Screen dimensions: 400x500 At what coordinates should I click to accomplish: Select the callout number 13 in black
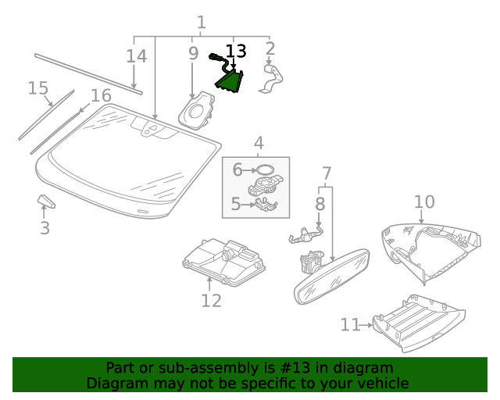(235, 52)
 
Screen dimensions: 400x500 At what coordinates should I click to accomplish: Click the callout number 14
(137, 56)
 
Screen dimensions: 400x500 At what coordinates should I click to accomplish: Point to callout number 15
(38, 87)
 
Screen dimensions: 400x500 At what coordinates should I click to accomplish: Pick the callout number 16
(101, 95)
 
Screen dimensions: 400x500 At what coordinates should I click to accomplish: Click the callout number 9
(193, 54)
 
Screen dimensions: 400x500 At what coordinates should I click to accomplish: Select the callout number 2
(270, 49)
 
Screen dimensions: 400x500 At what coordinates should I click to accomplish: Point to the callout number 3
(45, 228)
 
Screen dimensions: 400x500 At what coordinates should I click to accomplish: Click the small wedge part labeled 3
(47, 203)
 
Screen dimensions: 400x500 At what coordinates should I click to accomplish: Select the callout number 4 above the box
(258, 143)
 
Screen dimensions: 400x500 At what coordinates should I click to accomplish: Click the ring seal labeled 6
(265, 169)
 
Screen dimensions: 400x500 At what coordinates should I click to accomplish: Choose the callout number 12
(211, 301)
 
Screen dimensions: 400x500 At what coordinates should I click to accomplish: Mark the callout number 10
(423, 202)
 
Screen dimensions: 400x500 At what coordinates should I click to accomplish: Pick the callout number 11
(350, 324)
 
